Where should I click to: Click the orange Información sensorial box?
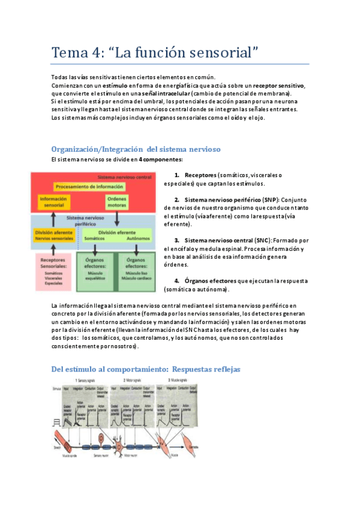[x=54, y=202]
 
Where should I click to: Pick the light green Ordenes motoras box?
[x=117, y=202]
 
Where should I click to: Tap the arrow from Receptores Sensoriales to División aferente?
[x=53, y=250]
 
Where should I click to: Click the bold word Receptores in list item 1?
[x=200, y=175]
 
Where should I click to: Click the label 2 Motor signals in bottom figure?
[x=134, y=380]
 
